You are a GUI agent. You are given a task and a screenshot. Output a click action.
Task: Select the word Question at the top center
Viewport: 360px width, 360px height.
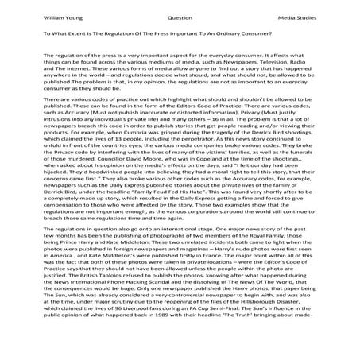pyautogui.click(x=181, y=16)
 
